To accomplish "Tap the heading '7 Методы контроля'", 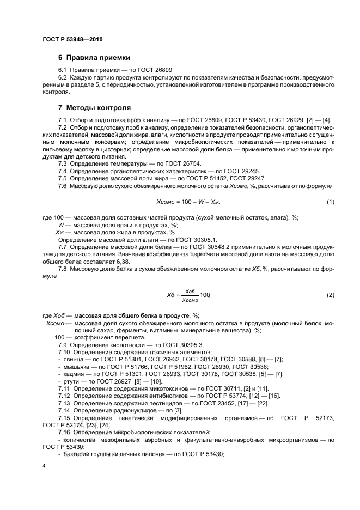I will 94,107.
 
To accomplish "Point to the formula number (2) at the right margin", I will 330,295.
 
